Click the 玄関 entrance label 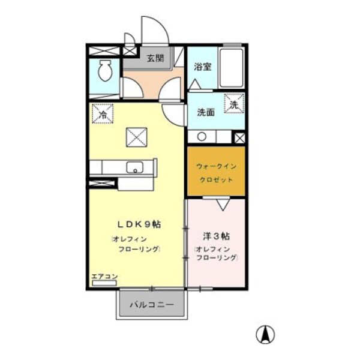tap(155, 58)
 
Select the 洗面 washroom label tap(206, 112)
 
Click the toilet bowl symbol tap(105, 73)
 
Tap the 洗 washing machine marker tap(234, 104)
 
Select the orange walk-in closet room tap(215, 170)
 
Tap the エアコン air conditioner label tap(104, 277)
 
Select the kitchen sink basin tap(133, 167)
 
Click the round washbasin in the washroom tap(202, 136)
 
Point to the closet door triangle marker tap(223, 205)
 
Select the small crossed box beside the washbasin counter tap(239, 137)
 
